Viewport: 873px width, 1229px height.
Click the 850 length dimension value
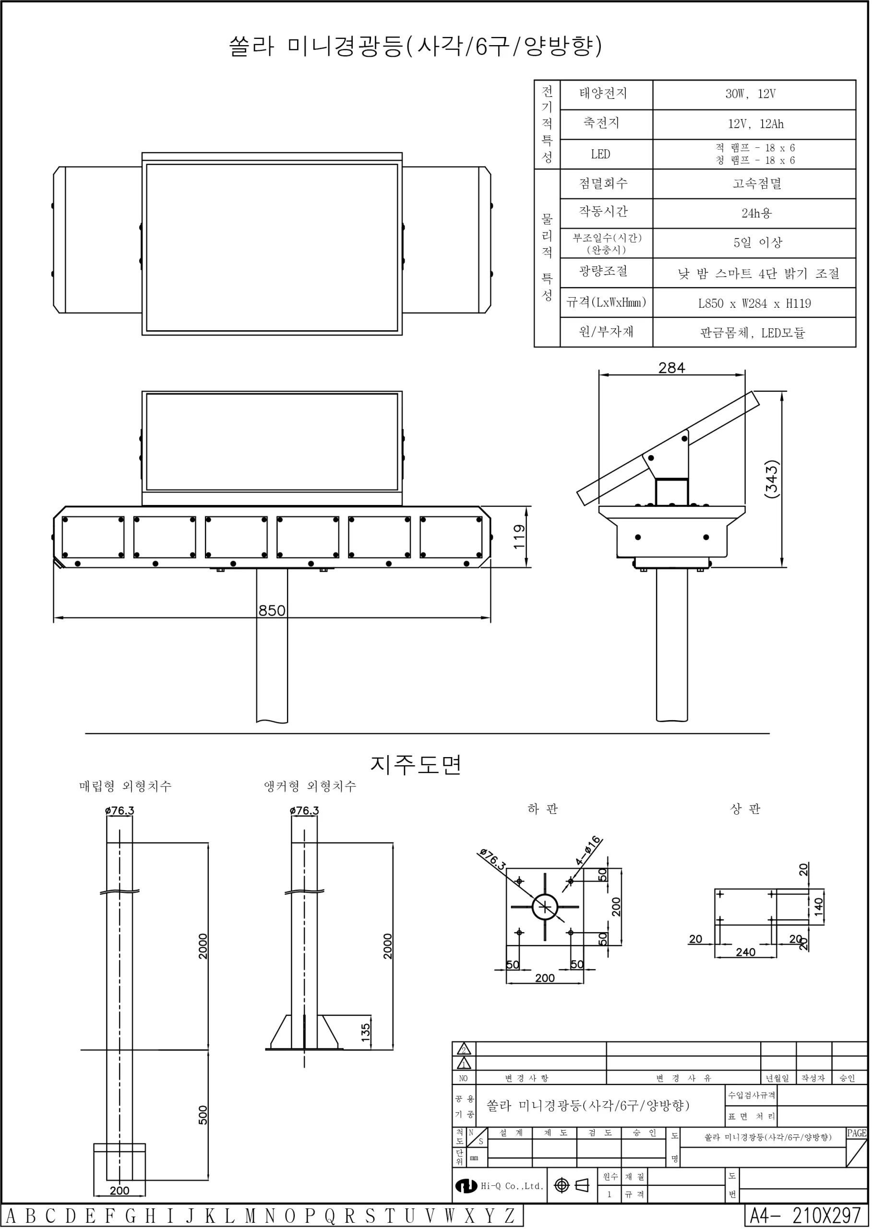click(x=272, y=611)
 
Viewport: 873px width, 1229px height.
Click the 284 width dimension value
click(x=671, y=368)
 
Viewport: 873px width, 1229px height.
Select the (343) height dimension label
click(x=771, y=479)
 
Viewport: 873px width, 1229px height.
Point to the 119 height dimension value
click(x=519, y=536)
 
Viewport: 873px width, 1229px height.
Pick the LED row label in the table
click(x=600, y=154)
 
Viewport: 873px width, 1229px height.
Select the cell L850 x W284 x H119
click(x=754, y=304)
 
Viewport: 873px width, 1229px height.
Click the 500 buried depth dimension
click(x=203, y=1115)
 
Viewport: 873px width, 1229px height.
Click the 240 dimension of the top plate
click(x=746, y=952)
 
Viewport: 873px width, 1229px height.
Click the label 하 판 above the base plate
click(x=543, y=809)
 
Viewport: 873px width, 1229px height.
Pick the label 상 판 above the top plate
click(x=746, y=809)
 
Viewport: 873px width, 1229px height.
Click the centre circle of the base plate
click(x=545, y=907)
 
